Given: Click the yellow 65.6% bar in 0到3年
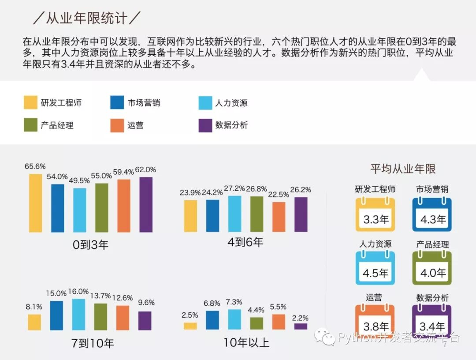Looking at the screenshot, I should point(36,203).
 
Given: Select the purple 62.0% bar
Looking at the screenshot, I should point(146,205).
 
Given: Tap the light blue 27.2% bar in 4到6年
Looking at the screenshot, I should point(234,214).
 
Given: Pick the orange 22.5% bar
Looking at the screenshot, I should point(279,217).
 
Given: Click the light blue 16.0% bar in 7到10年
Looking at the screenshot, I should point(78,315).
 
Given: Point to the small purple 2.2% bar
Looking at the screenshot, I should point(301,326).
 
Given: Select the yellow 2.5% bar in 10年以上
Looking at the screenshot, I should point(190,326).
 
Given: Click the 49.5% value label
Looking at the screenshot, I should point(79,180).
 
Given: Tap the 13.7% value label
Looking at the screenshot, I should point(100,295).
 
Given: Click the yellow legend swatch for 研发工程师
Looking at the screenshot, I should point(30,103).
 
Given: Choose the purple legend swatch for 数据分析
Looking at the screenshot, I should point(205,125).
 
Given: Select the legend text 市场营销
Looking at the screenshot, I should point(144,103).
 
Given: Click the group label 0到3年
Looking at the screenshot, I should point(90,244).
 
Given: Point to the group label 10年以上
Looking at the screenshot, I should point(246,342).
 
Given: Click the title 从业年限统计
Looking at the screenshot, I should point(87,18).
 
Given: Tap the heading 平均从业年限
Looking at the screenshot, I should point(403,169).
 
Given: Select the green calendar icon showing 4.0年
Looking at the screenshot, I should point(432,268).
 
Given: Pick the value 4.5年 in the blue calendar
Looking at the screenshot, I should point(375,273).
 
